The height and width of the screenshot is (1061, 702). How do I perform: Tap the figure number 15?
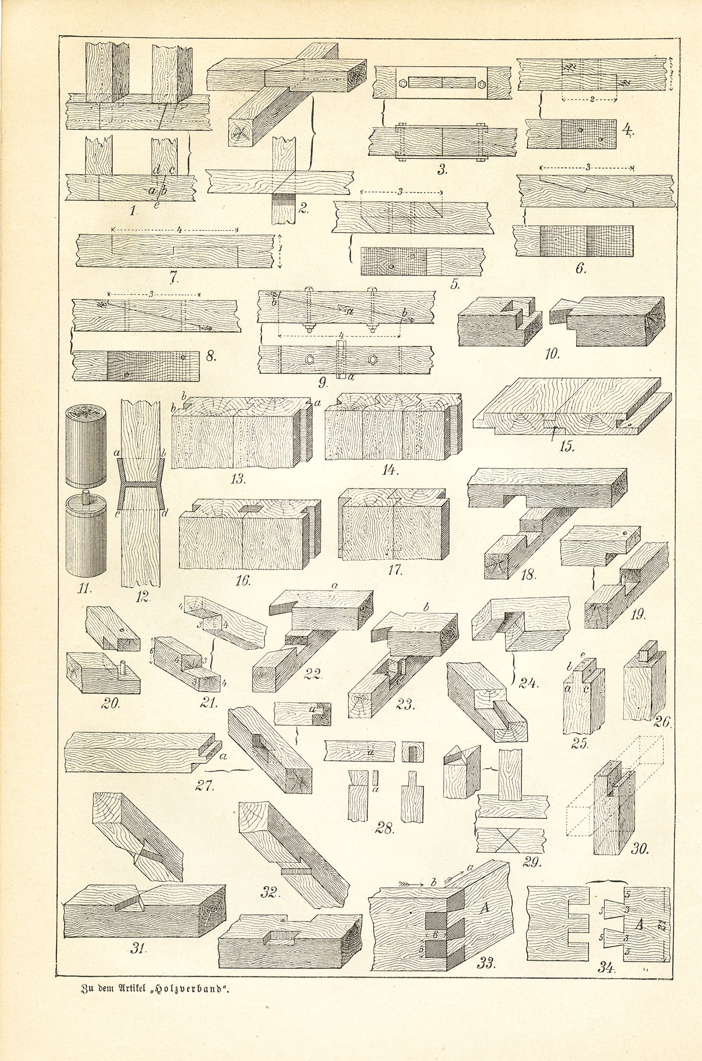click(x=566, y=446)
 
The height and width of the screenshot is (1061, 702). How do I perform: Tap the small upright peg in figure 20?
click(x=123, y=663)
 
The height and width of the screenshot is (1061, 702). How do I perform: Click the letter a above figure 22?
click(x=334, y=587)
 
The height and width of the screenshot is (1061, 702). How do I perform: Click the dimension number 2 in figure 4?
click(x=592, y=99)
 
